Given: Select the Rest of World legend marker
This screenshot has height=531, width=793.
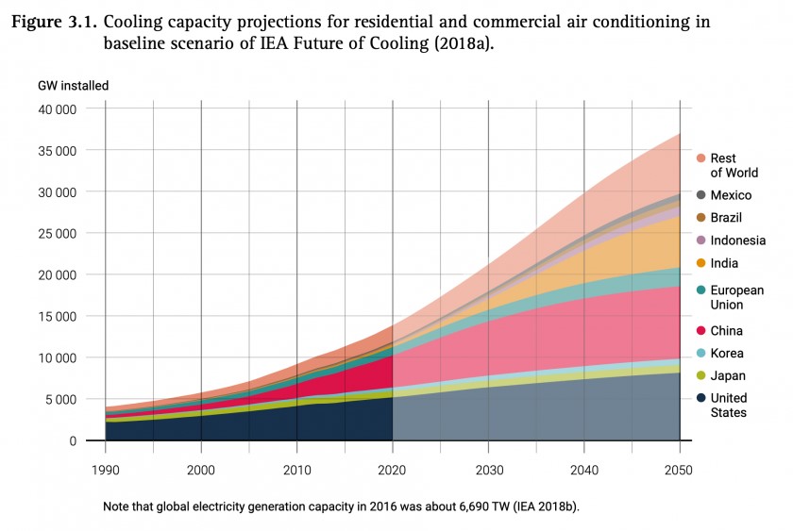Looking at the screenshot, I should tap(701, 158).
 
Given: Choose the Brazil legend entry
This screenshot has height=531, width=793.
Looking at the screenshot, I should tap(726, 218).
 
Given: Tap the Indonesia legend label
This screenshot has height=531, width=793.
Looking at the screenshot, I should tap(737, 241).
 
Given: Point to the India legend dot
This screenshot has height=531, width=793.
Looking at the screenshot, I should tap(701, 263).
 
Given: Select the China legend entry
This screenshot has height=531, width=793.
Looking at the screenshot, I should tap(726, 331).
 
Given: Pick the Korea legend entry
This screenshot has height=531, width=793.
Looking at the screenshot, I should tap(726, 354).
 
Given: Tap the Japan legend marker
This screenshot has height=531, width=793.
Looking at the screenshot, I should tap(701, 376).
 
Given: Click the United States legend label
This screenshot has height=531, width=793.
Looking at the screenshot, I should tap(728, 405).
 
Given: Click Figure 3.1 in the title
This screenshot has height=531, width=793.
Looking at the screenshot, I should tap(54, 22).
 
